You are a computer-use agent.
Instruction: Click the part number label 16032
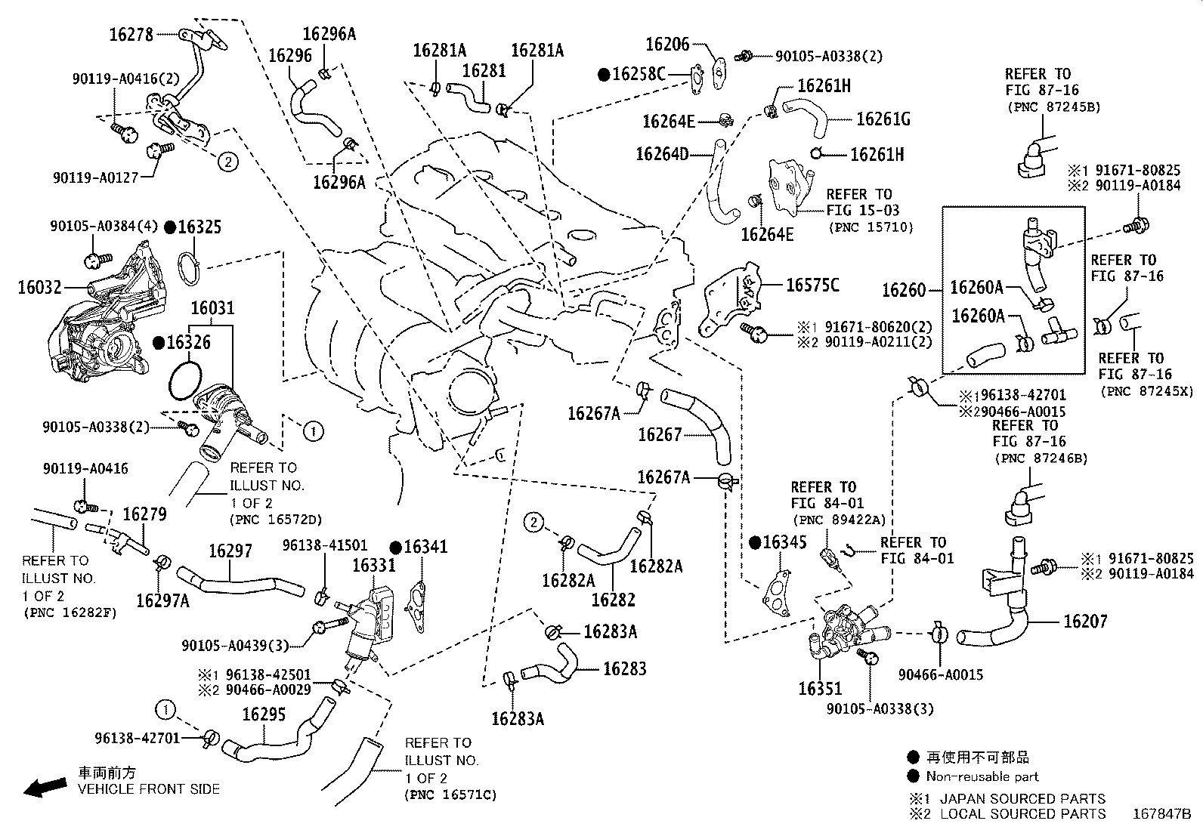(x=40, y=287)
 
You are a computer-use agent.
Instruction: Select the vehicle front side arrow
(x=45, y=787)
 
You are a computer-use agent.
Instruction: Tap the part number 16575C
(x=812, y=285)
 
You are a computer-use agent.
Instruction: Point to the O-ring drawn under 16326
(x=185, y=381)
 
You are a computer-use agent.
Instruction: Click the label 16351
(x=820, y=688)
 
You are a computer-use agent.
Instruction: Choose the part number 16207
(x=1085, y=621)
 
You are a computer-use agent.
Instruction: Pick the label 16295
(x=264, y=714)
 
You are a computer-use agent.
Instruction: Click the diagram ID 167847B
(x=1161, y=814)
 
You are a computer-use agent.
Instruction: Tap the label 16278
(x=131, y=34)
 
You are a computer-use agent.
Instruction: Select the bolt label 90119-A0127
(x=96, y=177)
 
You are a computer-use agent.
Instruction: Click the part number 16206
(x=667, y=44)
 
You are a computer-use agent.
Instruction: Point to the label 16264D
(x=662, y=154)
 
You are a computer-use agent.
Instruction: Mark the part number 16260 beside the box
(x=905, y=291)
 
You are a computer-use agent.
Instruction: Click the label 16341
(x=426, y=547)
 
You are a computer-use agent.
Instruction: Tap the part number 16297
(x=230, y=551)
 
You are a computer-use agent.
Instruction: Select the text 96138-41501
(x=325, y=545)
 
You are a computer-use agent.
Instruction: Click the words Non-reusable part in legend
(x=982, y=776)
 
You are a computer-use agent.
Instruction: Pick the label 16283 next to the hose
(x=625, y=668)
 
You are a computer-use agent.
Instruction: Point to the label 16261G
(x=883, y=119)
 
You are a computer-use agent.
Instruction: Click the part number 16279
(x=145, y=514)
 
